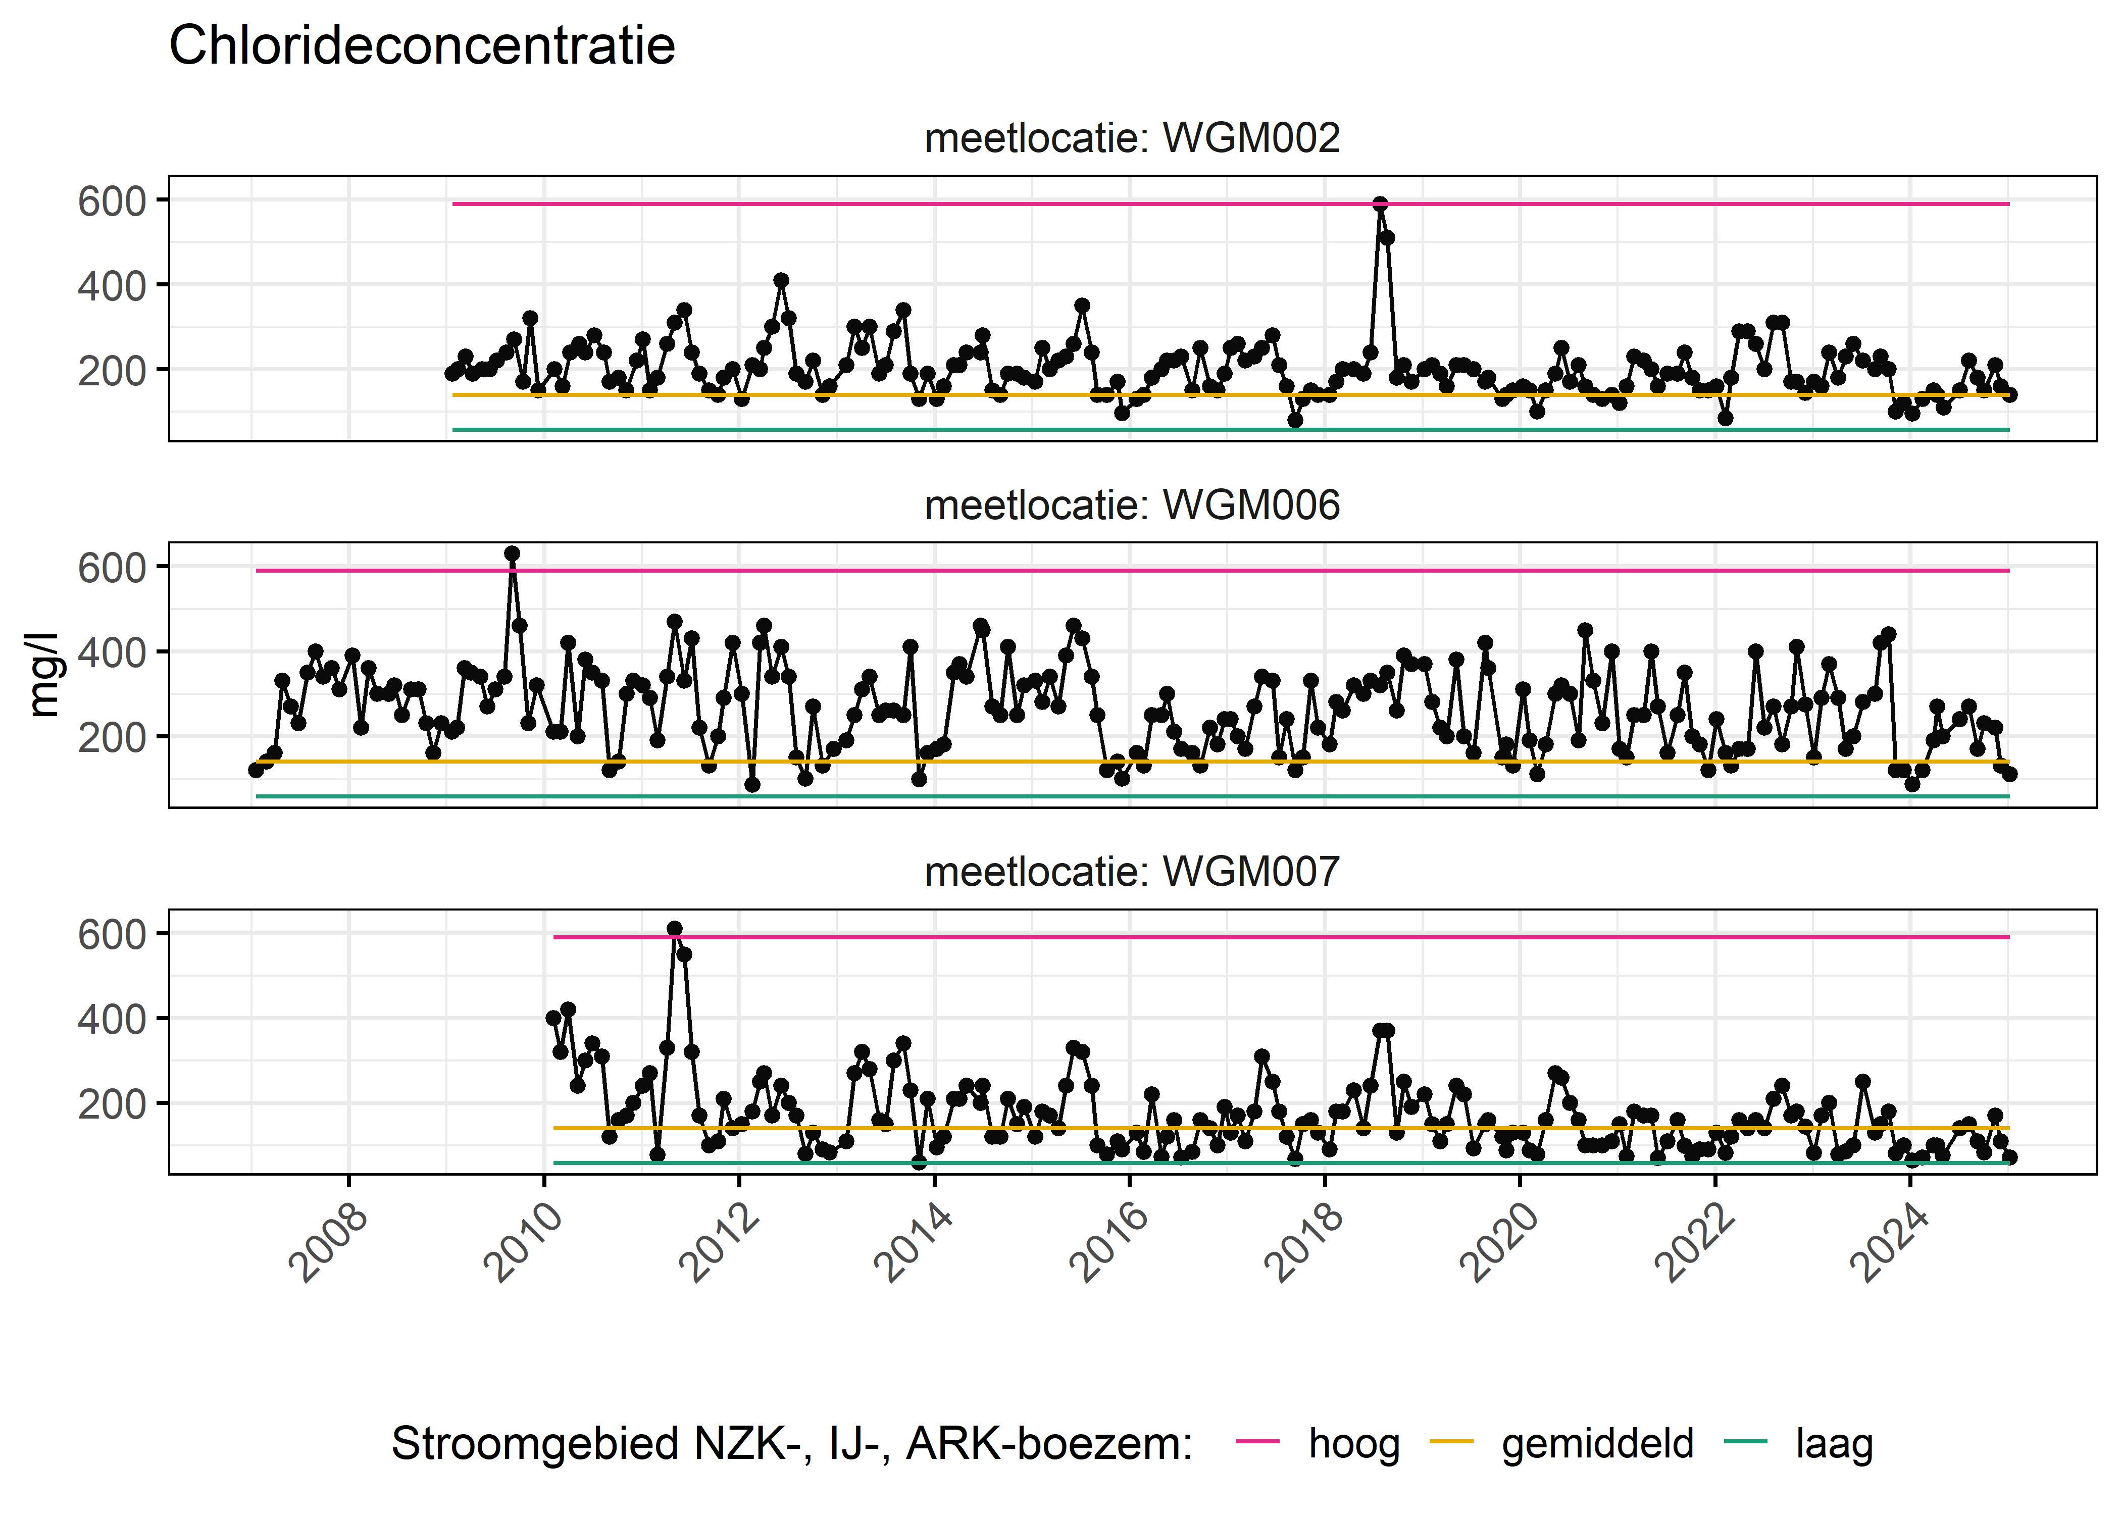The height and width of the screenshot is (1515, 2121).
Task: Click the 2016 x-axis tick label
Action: (x=1110, y=1243)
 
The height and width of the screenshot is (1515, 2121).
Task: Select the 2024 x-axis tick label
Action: (x=1890, y=1243)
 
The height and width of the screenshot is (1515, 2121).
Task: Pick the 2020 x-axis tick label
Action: (x=1500, y=1243)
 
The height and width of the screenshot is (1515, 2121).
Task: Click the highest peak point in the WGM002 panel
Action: (x=1380, y=204)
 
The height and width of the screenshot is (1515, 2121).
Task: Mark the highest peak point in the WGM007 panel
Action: (x=674, y=929)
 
